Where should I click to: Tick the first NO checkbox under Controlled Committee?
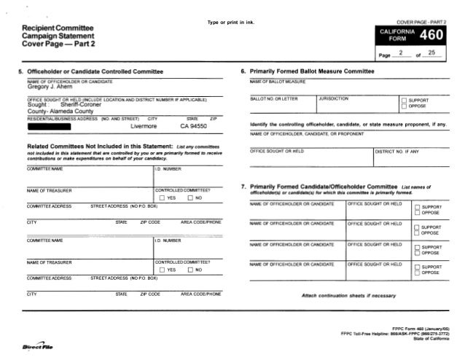pyautogui.click(x=187, y=198)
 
